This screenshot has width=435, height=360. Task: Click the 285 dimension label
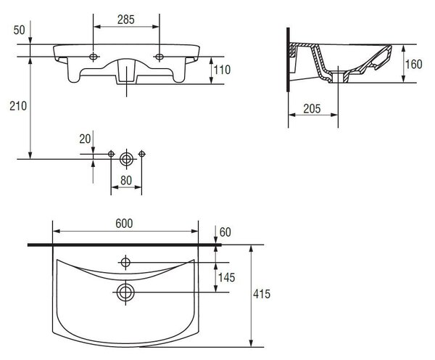coord(126,20)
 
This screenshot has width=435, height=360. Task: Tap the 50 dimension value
coord(19,30)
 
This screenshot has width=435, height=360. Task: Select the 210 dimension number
coord(18,106)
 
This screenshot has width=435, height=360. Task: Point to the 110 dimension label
coord(222,70)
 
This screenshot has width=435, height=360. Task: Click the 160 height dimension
coord(414,64)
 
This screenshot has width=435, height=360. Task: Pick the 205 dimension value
coord(312,109)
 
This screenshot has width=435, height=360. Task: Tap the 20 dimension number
coord(85,139)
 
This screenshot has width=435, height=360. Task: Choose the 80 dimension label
coord(126,181)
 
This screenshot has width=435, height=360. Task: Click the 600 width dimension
coord(124,224)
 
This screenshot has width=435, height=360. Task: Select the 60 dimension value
coord(225,232)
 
